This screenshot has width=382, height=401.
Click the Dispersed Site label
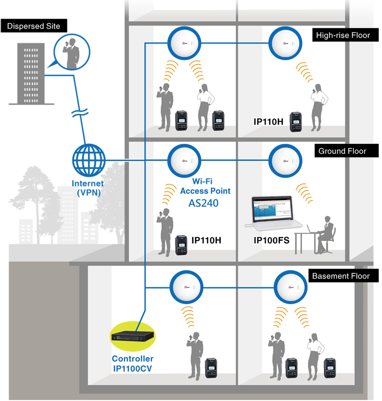34,26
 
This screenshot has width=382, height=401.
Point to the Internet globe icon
89,160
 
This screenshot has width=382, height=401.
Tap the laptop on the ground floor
273,213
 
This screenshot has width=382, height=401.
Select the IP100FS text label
271,240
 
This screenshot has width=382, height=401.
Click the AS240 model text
203,203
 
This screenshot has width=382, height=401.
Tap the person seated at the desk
325,234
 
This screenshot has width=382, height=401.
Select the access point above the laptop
285,161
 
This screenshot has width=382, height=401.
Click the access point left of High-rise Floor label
285,43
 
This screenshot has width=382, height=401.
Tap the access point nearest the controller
186,287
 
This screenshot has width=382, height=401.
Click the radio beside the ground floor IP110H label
181,245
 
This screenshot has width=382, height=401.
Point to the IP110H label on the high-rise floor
268,122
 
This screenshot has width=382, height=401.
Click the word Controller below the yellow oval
132,359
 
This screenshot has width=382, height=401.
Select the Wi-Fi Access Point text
205,186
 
